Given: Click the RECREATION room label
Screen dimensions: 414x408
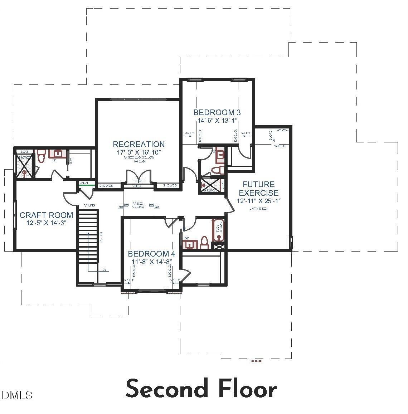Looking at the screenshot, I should [x=139, y=144].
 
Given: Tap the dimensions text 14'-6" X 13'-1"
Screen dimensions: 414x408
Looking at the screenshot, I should [x=216, y=121].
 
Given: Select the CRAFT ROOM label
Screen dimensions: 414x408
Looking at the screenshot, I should [x=46, y=215].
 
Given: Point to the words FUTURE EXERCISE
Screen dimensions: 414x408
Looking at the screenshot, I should [x=258, y=189].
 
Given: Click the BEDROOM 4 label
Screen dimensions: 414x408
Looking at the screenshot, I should [x=151, y=254].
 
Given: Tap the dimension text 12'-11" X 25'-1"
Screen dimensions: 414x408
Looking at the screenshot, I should [x=258, y=201].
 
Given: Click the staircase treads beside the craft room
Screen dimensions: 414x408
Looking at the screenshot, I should [x=88, y=236].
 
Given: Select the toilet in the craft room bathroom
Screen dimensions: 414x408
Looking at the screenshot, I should [x=41, y=157].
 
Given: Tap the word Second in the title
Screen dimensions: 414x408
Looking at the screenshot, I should [x=167, y=389].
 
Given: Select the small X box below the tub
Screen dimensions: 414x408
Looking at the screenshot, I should [x=219, y=247].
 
